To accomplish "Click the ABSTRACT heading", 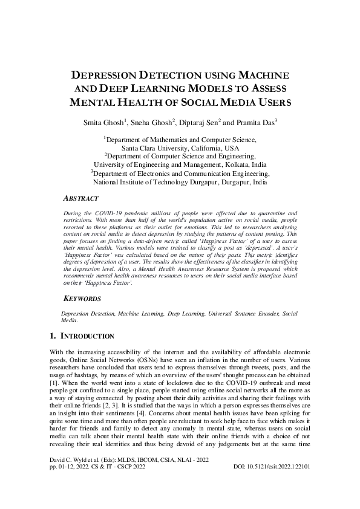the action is (82, 198).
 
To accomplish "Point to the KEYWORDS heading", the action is (83, 299).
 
